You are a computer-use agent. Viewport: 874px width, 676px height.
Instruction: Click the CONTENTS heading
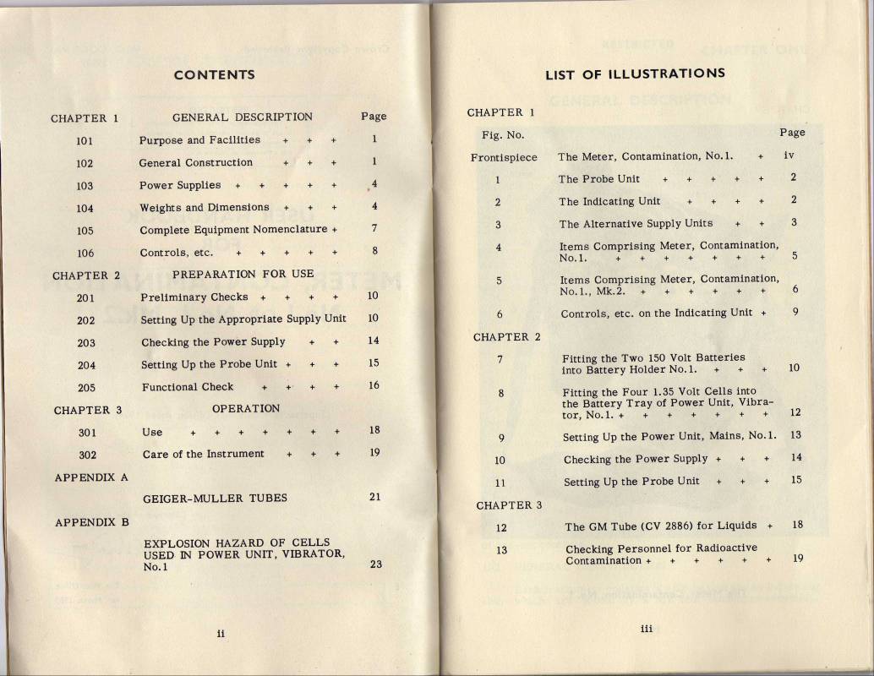coord(214,74)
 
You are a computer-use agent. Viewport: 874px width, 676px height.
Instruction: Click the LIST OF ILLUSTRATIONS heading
coord(635,74)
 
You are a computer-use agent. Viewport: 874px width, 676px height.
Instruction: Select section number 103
coord(85,186)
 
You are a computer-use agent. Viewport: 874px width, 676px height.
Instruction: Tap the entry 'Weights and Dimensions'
coord(204,208)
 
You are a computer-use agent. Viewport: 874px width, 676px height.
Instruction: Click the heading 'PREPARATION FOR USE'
coord(243,275)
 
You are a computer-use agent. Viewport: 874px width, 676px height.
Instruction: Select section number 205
coord(86,388)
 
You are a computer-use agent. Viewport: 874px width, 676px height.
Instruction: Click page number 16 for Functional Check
coord(374,385)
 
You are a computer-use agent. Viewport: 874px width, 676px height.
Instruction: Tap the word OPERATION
coord(245,409)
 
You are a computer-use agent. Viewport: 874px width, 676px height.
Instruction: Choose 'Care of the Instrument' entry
coord(203,454)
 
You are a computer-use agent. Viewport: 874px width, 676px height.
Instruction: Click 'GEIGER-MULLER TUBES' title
coord(215,499)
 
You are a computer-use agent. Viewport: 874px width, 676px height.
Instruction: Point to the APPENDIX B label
coord(91,522)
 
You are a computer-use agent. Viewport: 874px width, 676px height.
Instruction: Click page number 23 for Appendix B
coord(375,564)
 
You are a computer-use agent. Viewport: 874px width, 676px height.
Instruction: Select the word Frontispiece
coord(504,157)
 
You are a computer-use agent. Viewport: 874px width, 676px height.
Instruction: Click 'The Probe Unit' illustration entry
coord(598,179)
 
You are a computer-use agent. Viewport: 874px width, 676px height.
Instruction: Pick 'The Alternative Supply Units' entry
coord(636,224)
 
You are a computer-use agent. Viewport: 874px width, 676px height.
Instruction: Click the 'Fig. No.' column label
coord(503,135)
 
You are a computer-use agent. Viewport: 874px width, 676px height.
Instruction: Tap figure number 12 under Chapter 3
coord(500,527)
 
